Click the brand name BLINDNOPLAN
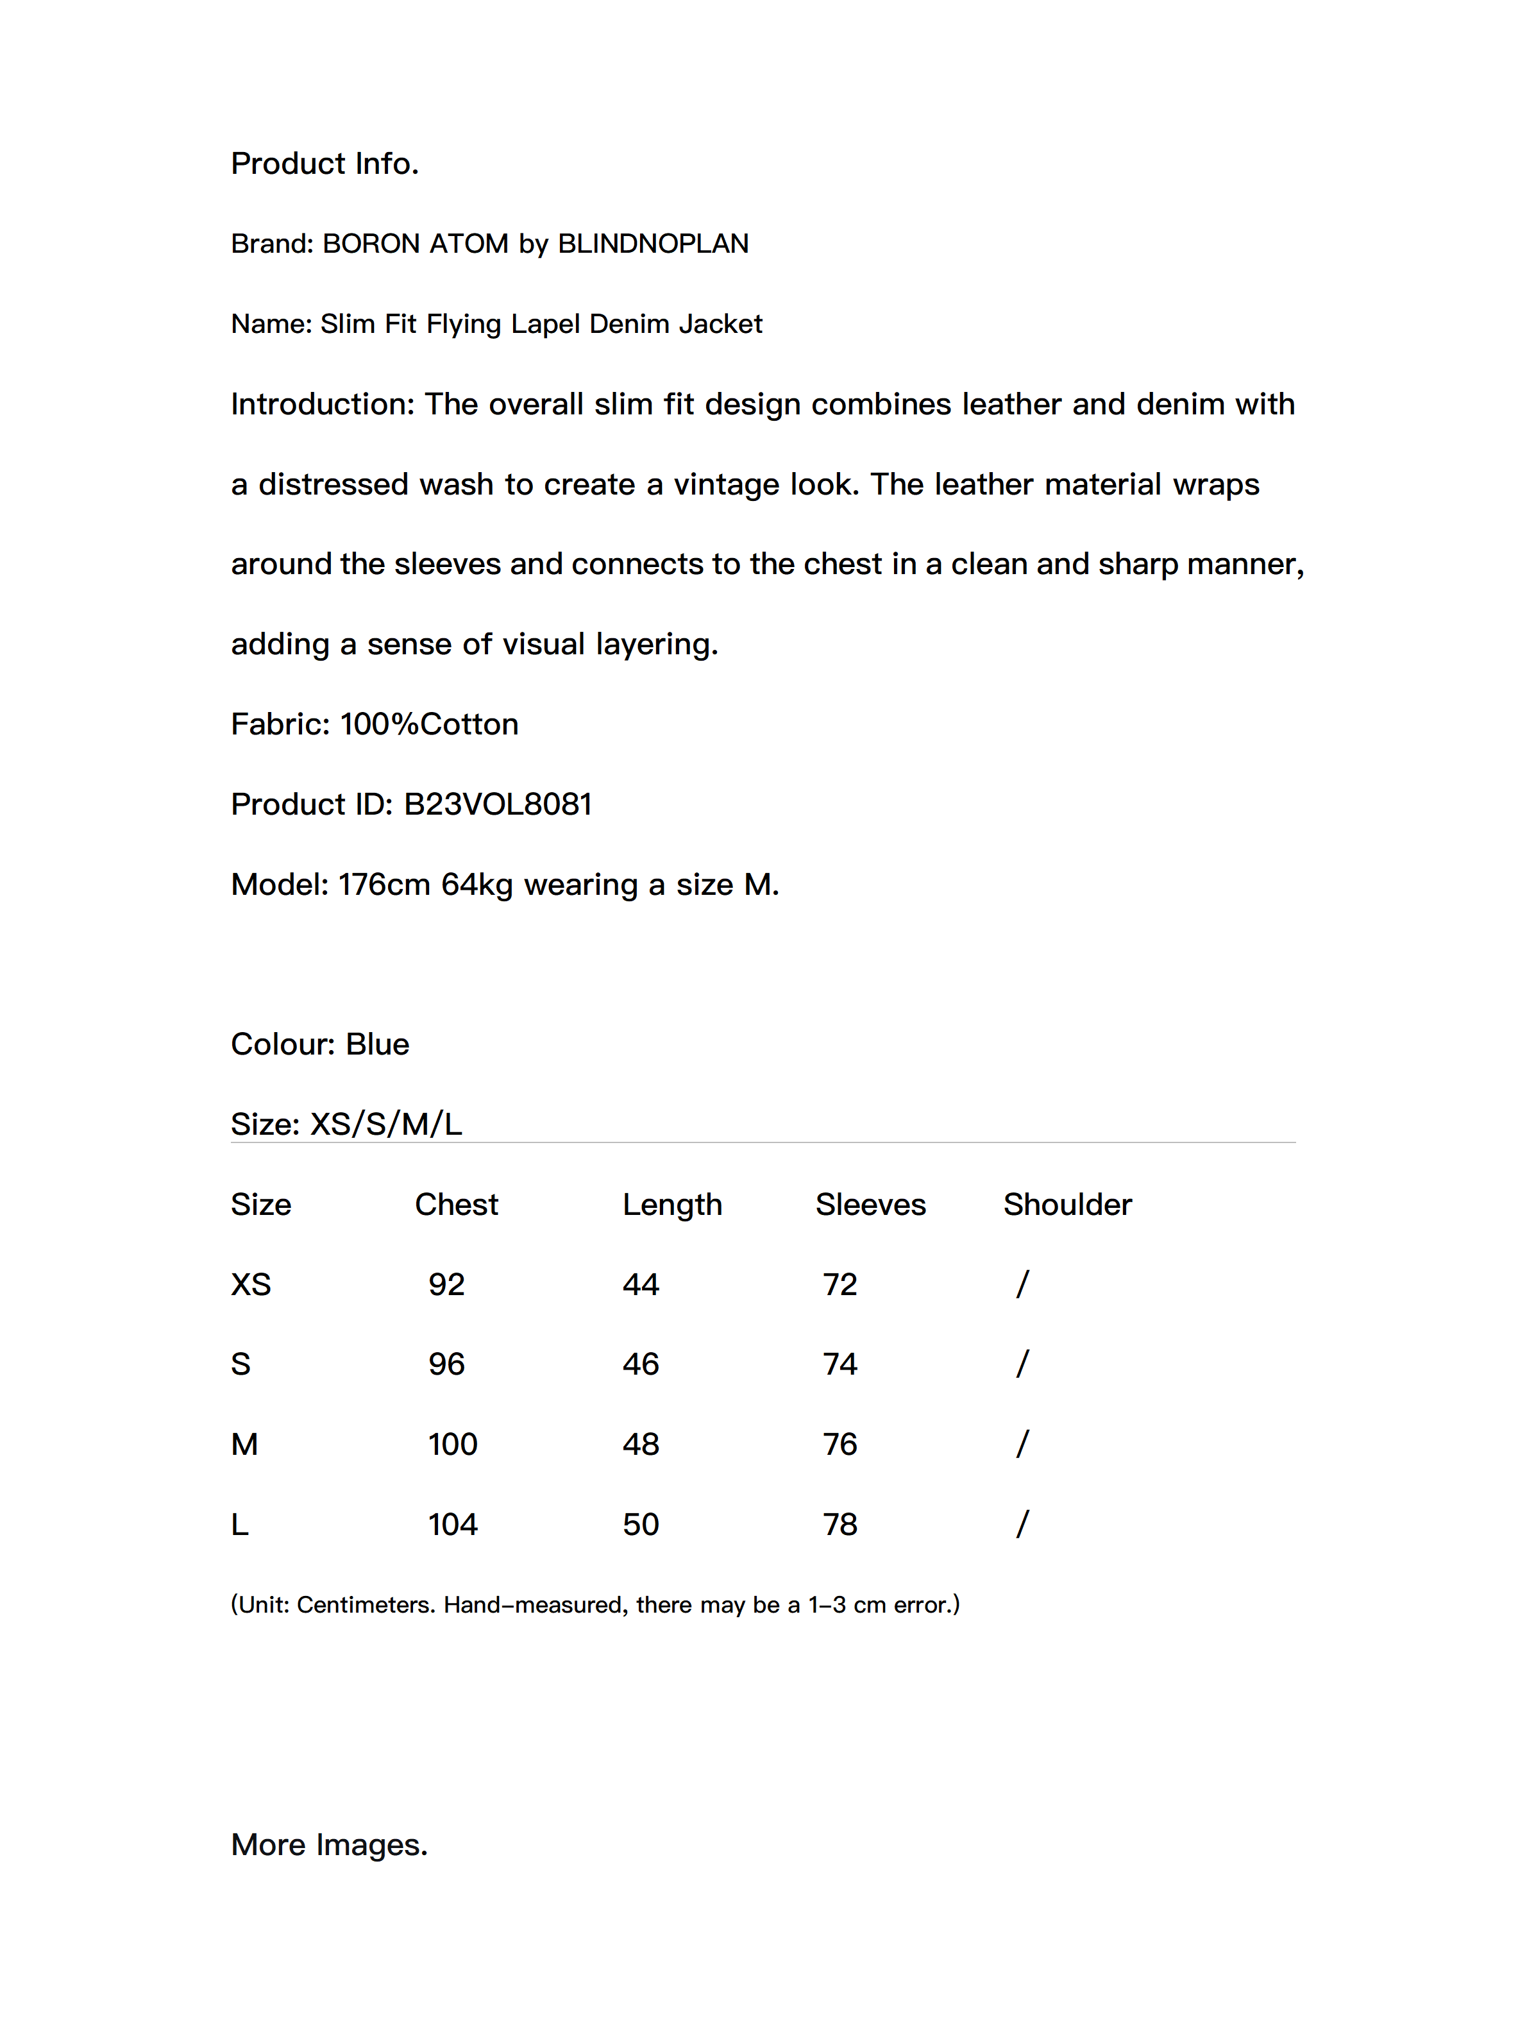point(653,243)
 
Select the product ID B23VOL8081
point(497,804)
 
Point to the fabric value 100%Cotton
point(429,724)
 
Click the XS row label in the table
point(250,1285)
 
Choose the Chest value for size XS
point(446,1285)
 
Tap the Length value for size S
point(641,1364)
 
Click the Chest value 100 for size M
point(453,1444)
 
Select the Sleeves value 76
point(839,1444)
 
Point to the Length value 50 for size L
point(641,1524)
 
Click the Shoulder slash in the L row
point(1022,1524)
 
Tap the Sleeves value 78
point(839,1524)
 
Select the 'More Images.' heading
point(328,1845)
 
